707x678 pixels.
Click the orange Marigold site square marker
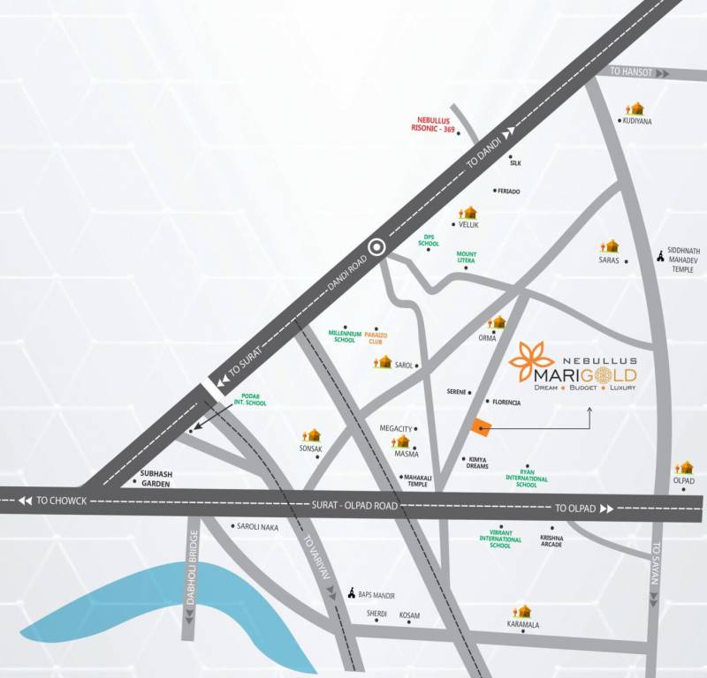[480, 427]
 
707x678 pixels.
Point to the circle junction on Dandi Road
[377, 247]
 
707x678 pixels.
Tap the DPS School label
[430, 240]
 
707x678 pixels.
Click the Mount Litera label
[467, 258]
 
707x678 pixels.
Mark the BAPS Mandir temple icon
[353, 593]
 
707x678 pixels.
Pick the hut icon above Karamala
[524, 611]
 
